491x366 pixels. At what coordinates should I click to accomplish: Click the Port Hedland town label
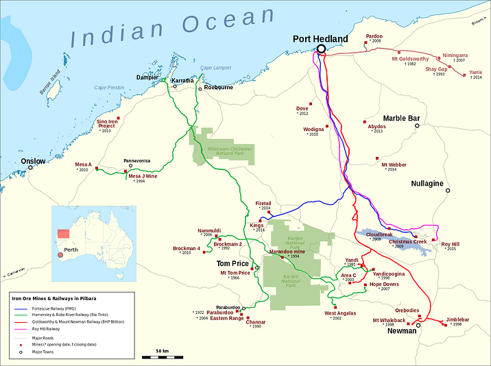pos(320,39)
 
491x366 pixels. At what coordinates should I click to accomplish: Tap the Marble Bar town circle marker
pos(417,126)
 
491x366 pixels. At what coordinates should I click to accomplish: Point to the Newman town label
pos(403,331)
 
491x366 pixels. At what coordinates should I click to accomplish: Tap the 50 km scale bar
pos(163,356)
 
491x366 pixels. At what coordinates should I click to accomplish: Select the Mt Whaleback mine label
pos(389,320)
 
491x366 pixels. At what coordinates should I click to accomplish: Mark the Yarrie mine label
pos(476,72)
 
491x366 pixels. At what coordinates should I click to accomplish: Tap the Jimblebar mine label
pos(458,319)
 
